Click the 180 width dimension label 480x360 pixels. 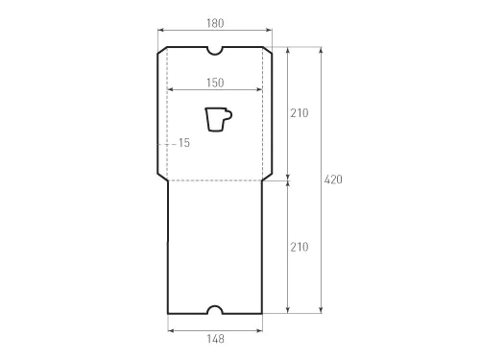(x=215, y=21)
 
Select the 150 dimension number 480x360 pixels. (x=215, y=82)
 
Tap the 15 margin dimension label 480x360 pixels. (x=184, y=142)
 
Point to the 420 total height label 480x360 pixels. (x=333, y=180)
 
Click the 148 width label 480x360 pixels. (x=215, y=338)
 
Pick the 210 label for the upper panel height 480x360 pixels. (x=299, y=112)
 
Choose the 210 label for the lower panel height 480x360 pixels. (x=299, y=247)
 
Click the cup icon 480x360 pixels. (x=218, y=119)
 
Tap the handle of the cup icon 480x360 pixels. (x=228, y=115)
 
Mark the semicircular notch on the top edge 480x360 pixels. (x=215, y=49)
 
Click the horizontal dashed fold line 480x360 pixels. (x=215, y=180)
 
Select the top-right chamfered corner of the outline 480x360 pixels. (x=268, y=51)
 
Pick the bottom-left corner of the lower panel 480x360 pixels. (x=169, y=312)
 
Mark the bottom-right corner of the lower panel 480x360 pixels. (x=261, y=312)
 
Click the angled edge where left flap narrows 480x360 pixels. (x=162, y=177)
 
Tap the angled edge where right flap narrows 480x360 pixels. (x=267, y=177)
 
